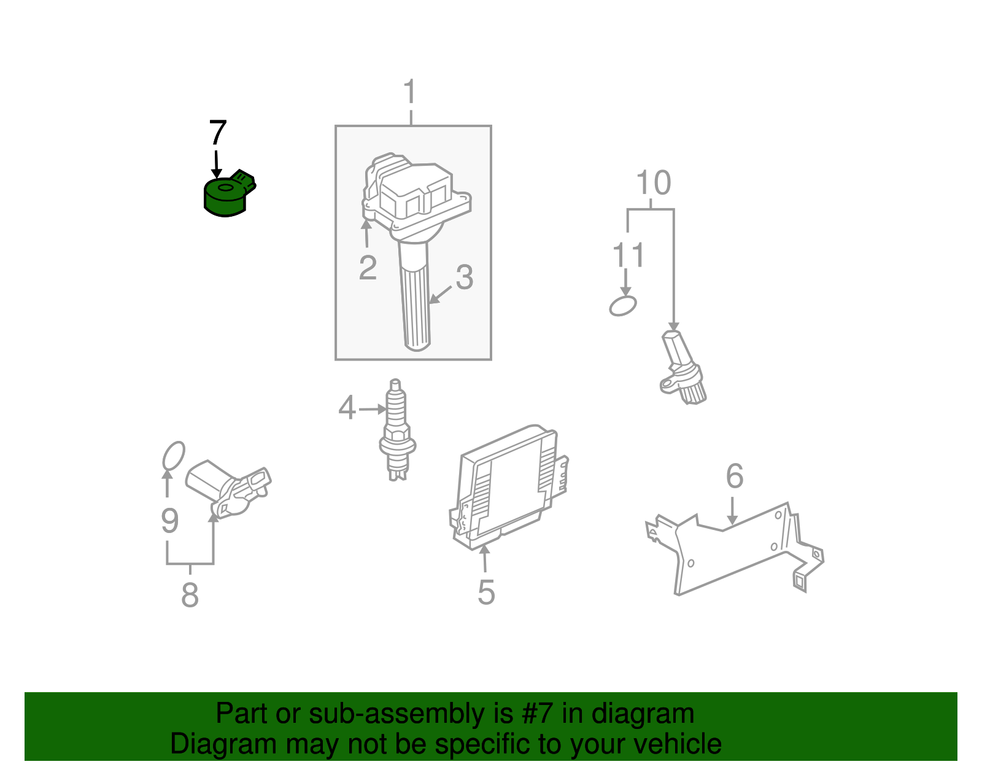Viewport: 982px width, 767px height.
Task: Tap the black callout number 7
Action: coord(218,133)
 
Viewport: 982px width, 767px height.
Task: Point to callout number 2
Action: coord(368,268)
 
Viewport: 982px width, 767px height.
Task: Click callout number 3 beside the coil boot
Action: coord(465,278)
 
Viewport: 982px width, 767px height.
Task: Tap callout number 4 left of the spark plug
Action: coord(347,408)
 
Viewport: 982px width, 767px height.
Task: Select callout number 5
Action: coord(486,592)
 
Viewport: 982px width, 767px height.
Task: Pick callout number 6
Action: coord(735,476)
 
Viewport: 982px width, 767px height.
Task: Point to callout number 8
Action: coord(190,594)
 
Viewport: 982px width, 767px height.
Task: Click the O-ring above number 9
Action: coord(173,456)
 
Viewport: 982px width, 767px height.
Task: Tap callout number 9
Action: coord(169,521)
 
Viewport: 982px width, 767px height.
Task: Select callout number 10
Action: coord(653,183)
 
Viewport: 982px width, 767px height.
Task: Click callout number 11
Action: coord(628,255)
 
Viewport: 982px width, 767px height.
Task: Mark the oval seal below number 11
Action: coord(623,305)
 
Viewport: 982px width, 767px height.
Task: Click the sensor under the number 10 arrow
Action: coord(683,368)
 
